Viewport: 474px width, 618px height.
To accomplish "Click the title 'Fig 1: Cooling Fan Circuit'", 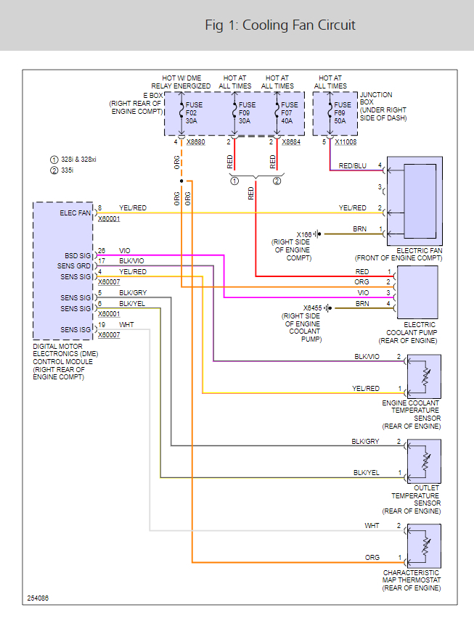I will pos(280,25).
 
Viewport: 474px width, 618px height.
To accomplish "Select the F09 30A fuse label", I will pos(244,112).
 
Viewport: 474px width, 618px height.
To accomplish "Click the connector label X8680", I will pos(197,143).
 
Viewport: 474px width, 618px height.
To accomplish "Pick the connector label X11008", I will pos(346,143).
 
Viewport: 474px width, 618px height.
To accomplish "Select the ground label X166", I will pos(304,234).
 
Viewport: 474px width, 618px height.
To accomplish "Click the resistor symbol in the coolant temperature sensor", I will pos(424,374).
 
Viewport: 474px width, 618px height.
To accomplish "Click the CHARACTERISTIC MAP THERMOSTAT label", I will pos(412,580).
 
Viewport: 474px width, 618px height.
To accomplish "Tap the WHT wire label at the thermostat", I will pos(372,525).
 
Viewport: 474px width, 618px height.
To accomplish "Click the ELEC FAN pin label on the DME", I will pos(75,213).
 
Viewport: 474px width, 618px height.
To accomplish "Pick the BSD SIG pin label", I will pos(78,255).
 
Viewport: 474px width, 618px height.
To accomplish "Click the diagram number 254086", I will pos(38,598).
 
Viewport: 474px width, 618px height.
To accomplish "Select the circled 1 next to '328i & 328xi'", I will pos(53,160).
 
